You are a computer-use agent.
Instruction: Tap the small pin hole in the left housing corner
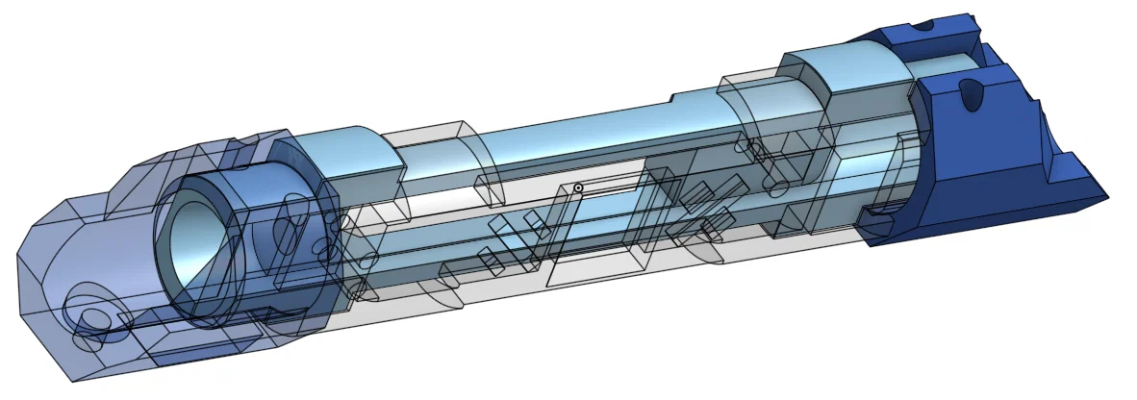click(x=95, y=319)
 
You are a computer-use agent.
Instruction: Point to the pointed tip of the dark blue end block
click(x=1102, y=196)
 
